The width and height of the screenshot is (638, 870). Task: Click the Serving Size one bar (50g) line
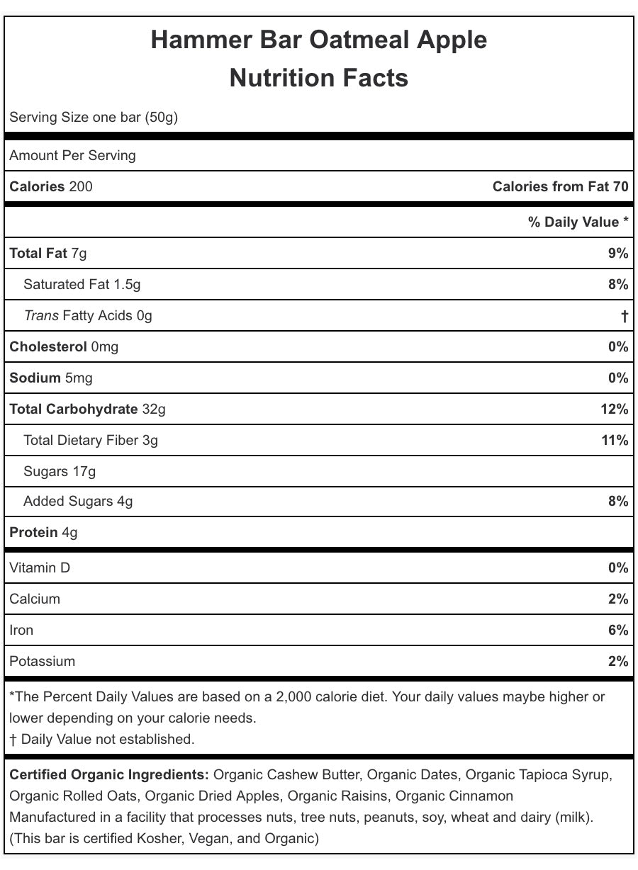point(94,117)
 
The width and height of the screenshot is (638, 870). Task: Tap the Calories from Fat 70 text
point(560,187)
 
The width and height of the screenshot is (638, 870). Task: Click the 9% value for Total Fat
point(617,254)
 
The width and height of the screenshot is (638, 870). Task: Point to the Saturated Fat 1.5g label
point(82,285)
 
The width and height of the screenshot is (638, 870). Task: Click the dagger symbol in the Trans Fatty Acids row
point(624,316)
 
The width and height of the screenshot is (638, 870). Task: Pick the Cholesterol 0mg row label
point(64,347)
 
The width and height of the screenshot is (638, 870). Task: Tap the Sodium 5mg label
point(51,378)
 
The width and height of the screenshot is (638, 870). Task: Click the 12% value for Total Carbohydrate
point(614,409)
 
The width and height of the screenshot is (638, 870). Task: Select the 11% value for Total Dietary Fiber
point(615,441)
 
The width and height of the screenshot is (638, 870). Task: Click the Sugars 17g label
point(60,472)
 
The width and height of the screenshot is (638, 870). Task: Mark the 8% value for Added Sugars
point(617,502)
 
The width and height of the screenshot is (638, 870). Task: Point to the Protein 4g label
point(44,533)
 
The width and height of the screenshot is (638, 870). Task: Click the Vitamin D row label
point(40,568)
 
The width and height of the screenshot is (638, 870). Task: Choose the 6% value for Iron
point(617,631)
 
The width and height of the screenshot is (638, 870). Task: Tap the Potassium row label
point(42,662)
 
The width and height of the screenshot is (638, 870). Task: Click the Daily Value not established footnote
point(102,740)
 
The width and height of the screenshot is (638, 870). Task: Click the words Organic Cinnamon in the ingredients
point(454,796)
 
